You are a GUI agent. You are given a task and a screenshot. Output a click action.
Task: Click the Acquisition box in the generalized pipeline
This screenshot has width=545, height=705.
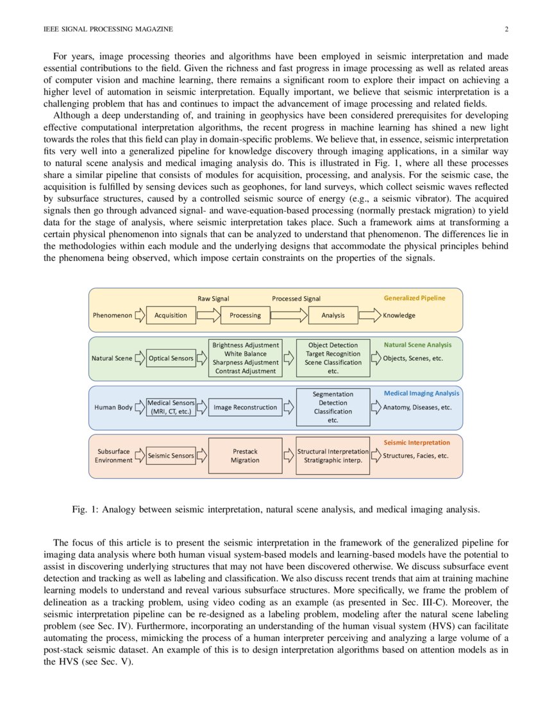pyautogui.click(x=171, y=315)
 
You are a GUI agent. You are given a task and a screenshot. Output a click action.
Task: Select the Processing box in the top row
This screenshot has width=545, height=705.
pyautogui.click(x=245, y=315)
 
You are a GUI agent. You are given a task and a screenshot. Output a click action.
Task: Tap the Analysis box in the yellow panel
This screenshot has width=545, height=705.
pyautogui.click(x=333, y=315)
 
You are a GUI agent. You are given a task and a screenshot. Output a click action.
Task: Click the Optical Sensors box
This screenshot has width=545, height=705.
pyautogui.click(x=171, y=358)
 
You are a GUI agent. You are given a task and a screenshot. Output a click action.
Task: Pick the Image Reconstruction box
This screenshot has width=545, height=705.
pyautogui.click(x=245, y=407)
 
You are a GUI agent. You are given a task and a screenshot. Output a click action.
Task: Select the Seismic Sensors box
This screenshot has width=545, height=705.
pyautogui.click(x=171, y=456)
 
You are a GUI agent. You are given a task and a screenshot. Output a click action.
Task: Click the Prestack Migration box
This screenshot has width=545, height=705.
pyautogui.click(x=245, y=456)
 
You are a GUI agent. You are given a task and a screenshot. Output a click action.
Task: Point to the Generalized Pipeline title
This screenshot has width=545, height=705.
pyautogui.click(x=414, y=298)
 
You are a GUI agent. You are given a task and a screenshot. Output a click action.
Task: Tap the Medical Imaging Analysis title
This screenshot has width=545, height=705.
pyautogui.click(x=421, y=393)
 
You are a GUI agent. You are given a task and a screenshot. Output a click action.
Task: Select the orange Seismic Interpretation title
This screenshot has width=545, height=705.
pyautogui.click(x=416, y=442)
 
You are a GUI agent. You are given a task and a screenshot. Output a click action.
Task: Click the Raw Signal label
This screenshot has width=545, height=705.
pyautogui.click(x=213, y=299)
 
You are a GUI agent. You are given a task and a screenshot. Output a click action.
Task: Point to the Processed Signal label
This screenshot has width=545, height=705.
pyautogui.click(x=296, y=299)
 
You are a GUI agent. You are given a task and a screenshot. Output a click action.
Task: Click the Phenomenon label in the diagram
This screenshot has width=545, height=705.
pyautogui.click(x=112, y=315)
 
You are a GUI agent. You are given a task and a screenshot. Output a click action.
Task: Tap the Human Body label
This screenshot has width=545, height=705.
pyautogui.click(x=113, y=407)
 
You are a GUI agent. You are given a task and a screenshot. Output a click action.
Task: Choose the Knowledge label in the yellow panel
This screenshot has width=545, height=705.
pyautogui.click(x=399, y=315)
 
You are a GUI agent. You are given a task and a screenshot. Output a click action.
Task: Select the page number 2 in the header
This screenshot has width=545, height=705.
pyautogui.click(x=507, y=29)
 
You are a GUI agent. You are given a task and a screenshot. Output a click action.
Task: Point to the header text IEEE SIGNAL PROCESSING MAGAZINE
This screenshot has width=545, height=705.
pyautogui.click(x=108, y=29)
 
